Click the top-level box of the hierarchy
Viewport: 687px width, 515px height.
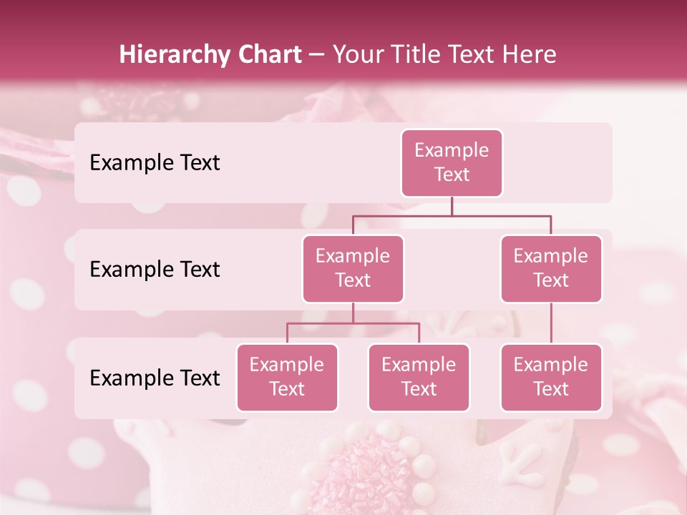[x=452, y=163]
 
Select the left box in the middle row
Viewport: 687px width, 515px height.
[x=353, y=269]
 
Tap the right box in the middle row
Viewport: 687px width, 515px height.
[x=551, y=269]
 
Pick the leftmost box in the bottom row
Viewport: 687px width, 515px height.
[x=287, y=378]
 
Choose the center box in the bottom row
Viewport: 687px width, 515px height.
[x=419, y=378]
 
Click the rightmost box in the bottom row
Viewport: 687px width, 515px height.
[x=551, y=378]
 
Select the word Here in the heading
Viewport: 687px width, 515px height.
[x=530, y=54]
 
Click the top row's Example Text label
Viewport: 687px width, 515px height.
[x=155, y=163]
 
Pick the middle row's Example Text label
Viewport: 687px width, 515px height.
[x=155, y=270]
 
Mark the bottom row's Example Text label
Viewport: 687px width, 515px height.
[x=155, y=378]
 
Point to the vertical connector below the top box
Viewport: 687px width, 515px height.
[x=452, y=206]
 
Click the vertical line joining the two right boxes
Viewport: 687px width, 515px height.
[x=551, y=323]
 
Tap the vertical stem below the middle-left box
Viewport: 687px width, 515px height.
[x=353, y=313]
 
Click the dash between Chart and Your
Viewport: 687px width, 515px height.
[x=317, y=55]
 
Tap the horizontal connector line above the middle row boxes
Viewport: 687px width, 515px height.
[x=452, y=215]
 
